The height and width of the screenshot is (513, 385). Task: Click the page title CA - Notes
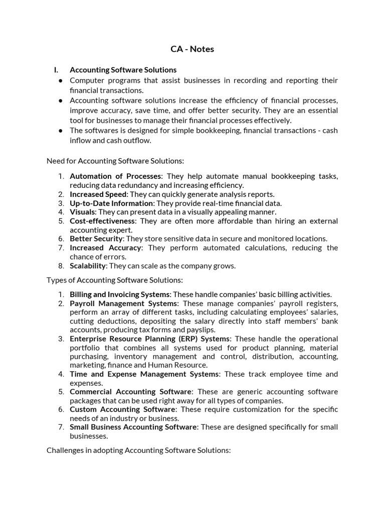[192, 49]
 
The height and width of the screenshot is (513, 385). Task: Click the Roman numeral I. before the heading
[56, 70]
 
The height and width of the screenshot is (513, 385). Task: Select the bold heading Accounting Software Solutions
[123, 70]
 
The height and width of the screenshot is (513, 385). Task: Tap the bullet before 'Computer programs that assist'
[60, 81]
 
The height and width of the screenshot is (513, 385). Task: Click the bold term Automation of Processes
[115, 176]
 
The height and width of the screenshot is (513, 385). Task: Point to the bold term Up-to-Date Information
[111, 203]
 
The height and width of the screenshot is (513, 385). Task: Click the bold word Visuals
[82, 212]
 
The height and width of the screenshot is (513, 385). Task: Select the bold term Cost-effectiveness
[102, 221]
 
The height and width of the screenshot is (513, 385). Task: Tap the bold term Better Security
[96, 238]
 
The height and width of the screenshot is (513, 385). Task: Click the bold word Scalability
[88, 266]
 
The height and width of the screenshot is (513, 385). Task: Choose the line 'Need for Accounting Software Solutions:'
[115, 161]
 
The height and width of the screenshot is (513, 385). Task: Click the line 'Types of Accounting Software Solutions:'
[115, 280]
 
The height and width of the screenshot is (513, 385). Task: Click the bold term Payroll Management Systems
[123, 304]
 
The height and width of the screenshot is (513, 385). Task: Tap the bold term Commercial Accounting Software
[130, 391]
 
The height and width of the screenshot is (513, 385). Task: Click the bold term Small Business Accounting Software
[133, 427]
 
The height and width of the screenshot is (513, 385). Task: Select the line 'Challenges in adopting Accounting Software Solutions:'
[138, 450]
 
